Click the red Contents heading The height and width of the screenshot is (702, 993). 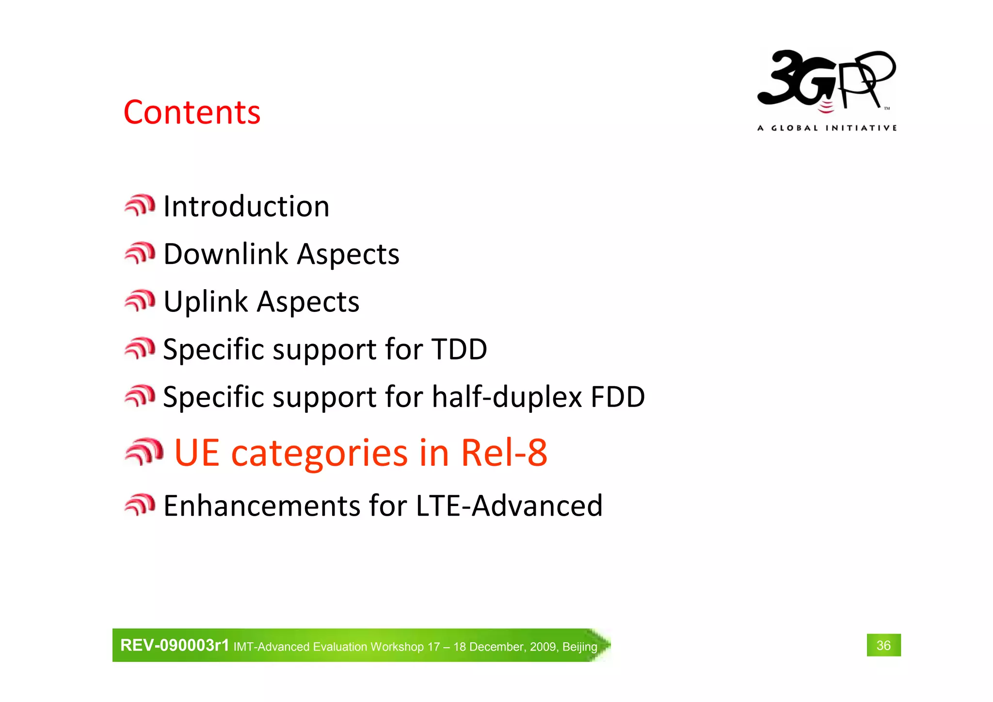tap(192, 112)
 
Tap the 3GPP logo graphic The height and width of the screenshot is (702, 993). tap(826, 81)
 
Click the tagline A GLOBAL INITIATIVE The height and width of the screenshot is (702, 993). tap(827, 128)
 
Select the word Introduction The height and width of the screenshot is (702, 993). tap(246, 206)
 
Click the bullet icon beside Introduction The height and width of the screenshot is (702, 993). tap(140, 205)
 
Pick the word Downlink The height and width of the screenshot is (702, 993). tap(226, 254)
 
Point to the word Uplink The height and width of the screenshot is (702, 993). tap(206, 302)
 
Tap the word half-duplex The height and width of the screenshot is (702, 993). tap(507, 397)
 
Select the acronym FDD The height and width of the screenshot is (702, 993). tap(617, 397)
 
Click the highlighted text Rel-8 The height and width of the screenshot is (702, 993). tap(504, 452)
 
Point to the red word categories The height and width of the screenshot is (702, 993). tap(319, 453)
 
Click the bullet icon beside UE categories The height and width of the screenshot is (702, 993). tap(144, 452)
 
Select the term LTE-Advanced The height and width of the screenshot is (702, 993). tap(509, 506)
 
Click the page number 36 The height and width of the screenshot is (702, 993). tap(883, 645)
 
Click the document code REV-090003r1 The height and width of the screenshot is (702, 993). tap(175, 645)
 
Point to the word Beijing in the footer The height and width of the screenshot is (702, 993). tap(579, 647)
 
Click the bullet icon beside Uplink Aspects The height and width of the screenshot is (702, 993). tap(140, 301)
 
